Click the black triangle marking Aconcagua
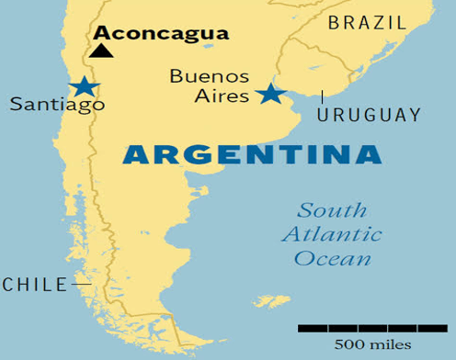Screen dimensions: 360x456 coord(101,50)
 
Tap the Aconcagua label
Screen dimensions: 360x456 coord(161,33)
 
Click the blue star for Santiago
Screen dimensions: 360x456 coord(84,86)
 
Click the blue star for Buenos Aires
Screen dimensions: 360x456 coord(269,93)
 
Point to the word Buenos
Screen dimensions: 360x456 coord(209,75)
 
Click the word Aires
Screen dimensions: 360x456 coord(224,95)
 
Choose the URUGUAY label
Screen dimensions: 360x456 coord(369,115)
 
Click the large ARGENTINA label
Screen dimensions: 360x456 coord(251,153)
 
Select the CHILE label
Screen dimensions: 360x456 coord(35,285)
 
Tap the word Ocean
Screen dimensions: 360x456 coord(332,258)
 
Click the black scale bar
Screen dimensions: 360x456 coord(371,327)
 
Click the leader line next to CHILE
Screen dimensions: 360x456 coord(81,285)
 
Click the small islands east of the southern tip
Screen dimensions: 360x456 coord(270,301)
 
